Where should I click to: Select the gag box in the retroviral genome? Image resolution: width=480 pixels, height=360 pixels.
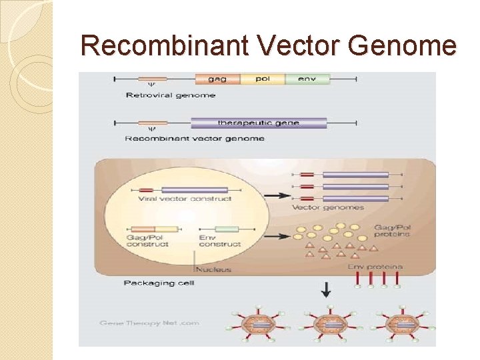(217, 79)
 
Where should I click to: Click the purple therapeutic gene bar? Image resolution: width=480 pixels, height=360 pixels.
(259, 123)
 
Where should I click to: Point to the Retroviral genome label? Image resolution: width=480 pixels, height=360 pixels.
(171, 95)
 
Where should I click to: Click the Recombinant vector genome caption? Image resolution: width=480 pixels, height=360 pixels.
(195, 139)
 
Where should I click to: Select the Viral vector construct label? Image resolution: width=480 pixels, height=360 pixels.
(185, 199)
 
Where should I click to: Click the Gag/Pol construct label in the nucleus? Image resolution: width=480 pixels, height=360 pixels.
(147, 241)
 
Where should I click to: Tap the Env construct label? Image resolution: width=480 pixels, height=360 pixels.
(220, 241)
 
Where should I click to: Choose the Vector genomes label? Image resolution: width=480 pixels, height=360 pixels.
(328, 207)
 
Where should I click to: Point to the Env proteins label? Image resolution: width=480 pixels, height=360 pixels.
(375, 267)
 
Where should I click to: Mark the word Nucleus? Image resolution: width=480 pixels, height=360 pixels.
(213, 270)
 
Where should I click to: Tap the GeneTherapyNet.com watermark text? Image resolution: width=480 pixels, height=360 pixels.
(149, 323)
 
